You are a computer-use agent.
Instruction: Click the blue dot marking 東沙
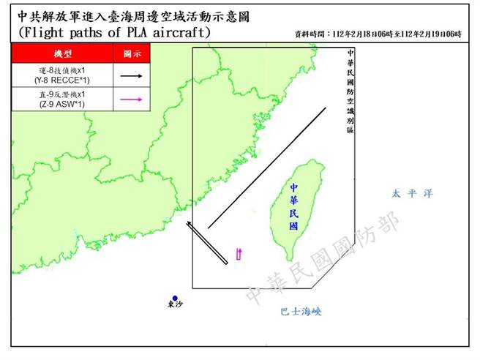pyautogui.click(x=176, y=298)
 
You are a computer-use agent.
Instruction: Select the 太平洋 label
pyautogui.click(x=412, y=194)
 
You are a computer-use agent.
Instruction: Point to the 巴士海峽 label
pyautogui.click(x=301, y=312)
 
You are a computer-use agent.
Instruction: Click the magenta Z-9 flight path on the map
pyautogui.click(x=239, y=254)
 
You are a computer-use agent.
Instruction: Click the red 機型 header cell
pyautogui.click(x=63, y=53)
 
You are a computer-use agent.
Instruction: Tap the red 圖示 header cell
pyautogui.click(x=132, y=53)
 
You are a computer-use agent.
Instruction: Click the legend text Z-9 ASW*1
pyautogui.click(x=63, y=105)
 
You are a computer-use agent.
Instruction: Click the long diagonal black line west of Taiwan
pyautogui.click(x=267, y=168)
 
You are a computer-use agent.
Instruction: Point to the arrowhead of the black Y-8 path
pyautogui.click(x=188, y=222)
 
